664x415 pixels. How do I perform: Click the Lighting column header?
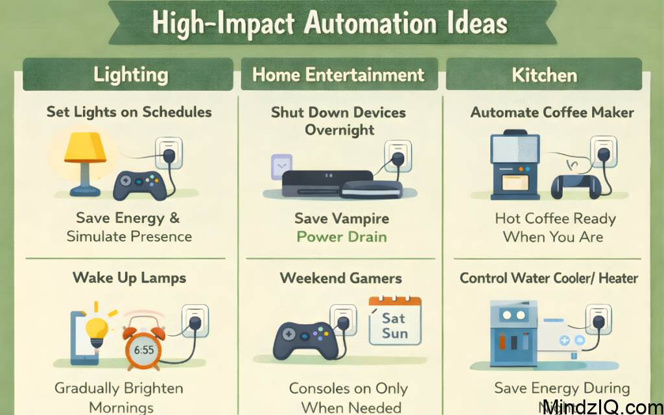(x=130, y=75)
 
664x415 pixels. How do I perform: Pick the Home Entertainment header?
(x=338, y=75)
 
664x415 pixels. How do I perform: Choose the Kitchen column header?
(x=544, y=75)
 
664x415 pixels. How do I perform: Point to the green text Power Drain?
(x=342, y=236)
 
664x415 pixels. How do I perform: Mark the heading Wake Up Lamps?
(x=130, y=278)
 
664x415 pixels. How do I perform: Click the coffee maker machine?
(x=515, y=165)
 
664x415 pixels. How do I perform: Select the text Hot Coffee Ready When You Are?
(x=555, y=228)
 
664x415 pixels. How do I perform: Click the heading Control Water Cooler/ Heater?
(x=549, y=278)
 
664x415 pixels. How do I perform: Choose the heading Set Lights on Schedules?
(x=129, y=112)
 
